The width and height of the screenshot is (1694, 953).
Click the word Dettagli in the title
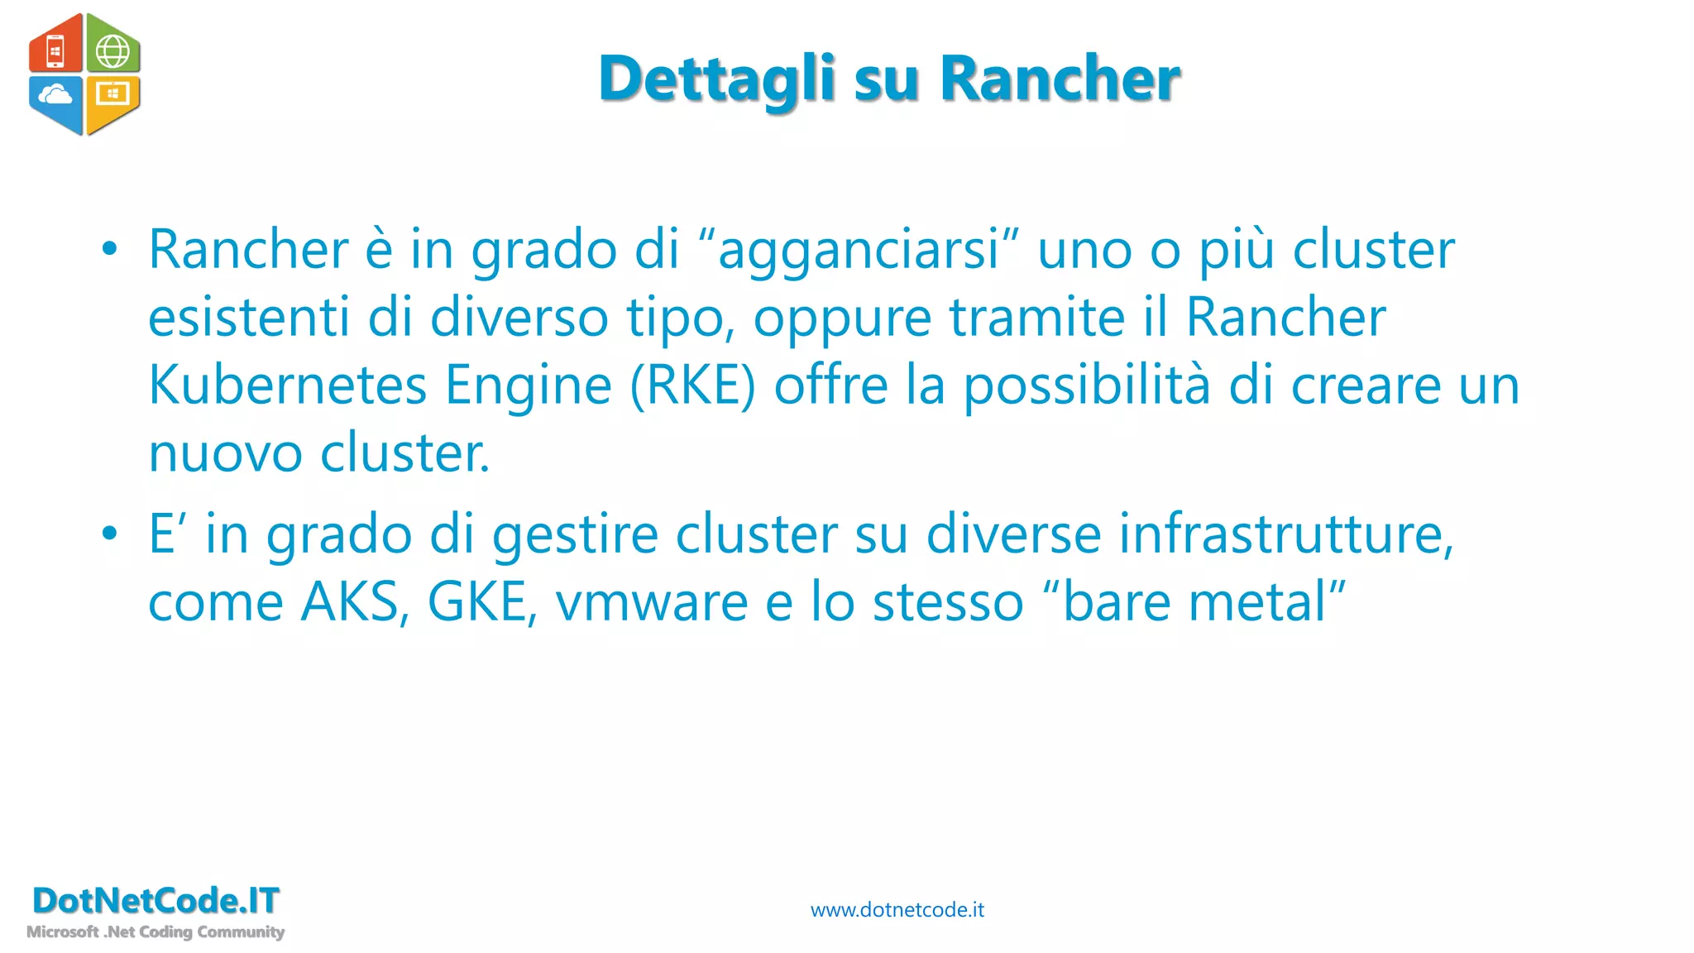click(716, 79)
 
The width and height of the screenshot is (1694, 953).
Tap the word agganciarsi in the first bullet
click(858, 250)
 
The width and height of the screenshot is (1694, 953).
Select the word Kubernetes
click(287, 386)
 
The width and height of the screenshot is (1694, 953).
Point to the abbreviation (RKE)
click(693, 386)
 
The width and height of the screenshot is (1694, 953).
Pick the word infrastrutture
click(1286, 534)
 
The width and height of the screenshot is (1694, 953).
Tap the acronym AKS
click(355, 602)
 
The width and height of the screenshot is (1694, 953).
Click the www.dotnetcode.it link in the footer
click(897, 910)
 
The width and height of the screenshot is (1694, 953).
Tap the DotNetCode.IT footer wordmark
click(156, 901)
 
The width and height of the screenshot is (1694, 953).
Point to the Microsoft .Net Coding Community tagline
click(156, 932)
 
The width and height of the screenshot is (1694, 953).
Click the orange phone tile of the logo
click(56, 48)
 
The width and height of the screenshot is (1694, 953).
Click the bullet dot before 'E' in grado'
click(110, 534)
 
